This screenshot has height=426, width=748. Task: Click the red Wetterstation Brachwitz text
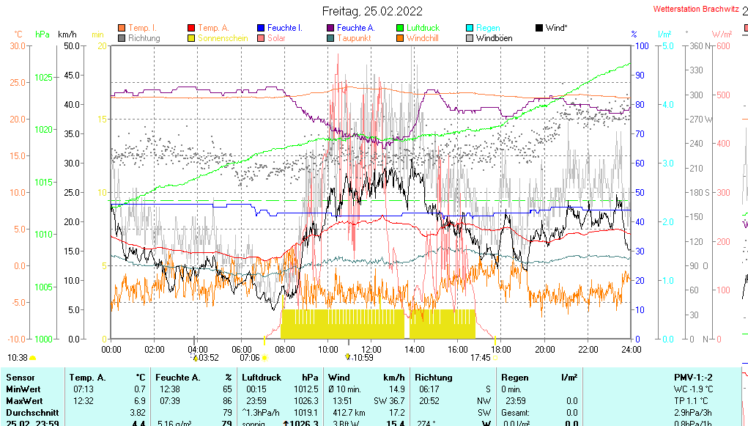(x=695, y=10)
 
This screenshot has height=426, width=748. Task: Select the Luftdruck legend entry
(x=423, y=28)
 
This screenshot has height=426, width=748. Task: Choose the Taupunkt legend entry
(x=355, y=38)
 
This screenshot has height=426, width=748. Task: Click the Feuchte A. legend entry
(x=356, y=28)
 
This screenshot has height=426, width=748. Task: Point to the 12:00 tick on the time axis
(x=371, y=350)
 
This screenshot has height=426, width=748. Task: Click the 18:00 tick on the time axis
(x=501, y=350)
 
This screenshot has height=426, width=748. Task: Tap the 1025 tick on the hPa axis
(x=44, y=77)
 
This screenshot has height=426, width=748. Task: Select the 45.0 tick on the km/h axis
(x=71, y=75)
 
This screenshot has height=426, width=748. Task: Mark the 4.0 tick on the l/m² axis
(x=668, y=104)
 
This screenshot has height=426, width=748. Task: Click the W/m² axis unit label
(x=722, y=34)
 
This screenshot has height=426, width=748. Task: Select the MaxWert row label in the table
(x=24, y=401)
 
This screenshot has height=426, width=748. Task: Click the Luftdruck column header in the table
(x=262, y=377)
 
